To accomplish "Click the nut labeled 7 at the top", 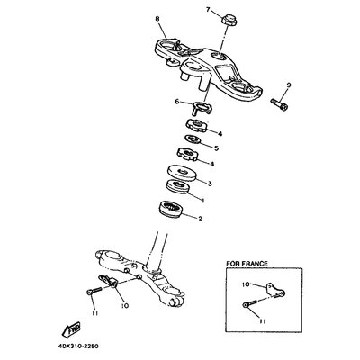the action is (x=229, y=21).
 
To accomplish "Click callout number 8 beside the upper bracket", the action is (x=157, y=19).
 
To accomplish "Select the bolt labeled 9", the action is (x=280, y=105).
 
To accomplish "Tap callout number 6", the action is (x=177, y=102).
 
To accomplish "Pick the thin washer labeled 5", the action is (x=193, y=139).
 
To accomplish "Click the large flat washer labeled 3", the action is (x=183, y=173).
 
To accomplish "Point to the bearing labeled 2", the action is (x=170, y=210).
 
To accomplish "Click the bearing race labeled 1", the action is (x=177, y=187).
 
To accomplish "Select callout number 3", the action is (x=210, y=184).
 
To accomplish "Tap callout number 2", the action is (x=200, y=219).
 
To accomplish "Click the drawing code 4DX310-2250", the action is (x=78, y=346).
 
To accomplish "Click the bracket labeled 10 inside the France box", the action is (x=275, y=290).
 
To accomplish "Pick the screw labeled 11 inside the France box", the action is (x=249, y=303).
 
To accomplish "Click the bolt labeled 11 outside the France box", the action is (x=94, y=291).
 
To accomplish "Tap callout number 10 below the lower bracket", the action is (x=125, y=305).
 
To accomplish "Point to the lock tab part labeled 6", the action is (x=201, y=108).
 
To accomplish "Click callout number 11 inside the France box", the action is (x=263, y=321).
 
